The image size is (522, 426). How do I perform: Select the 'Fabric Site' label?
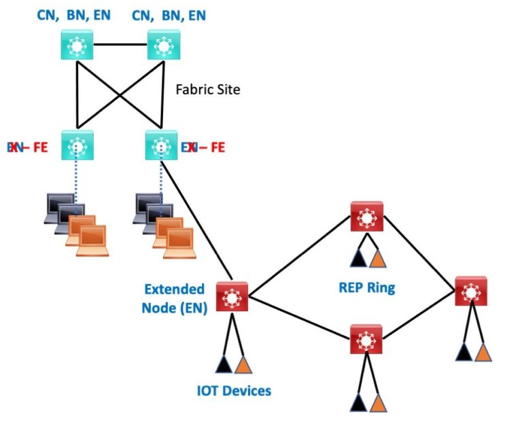click(x=207, y=89)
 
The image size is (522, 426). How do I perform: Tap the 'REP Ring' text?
click(x=366, y=287)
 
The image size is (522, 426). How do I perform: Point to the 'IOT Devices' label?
click(x=233, y=391)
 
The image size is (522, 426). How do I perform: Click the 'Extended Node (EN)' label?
click(x=173, y=298)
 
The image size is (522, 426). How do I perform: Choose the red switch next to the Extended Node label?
click(x=232, y=297)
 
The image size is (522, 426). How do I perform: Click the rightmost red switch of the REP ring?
click(x=472, y=292)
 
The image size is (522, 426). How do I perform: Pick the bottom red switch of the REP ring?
click(x=367, y=338)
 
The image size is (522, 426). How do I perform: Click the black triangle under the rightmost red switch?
click(x=464, y=352)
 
